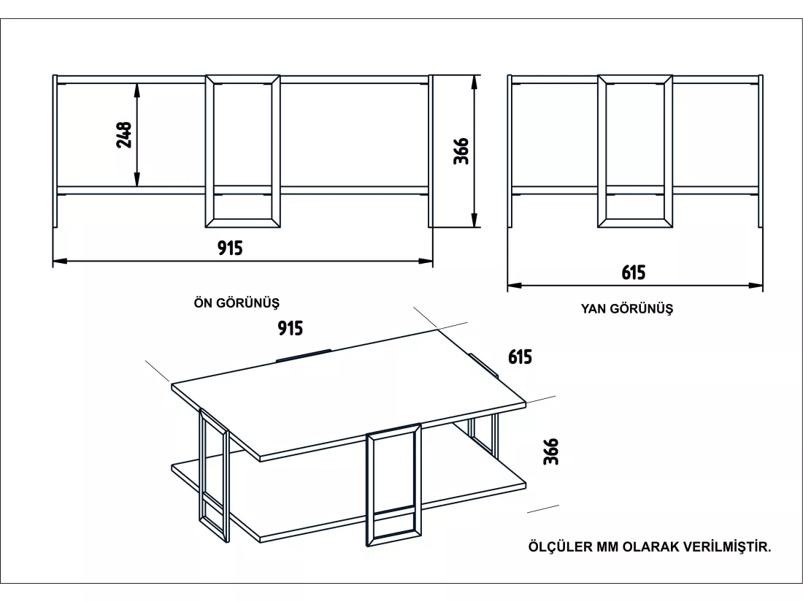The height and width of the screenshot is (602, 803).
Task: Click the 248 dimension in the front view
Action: click(x=124, y=134)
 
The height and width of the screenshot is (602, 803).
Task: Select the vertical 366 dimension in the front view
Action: click(x=461, y=150)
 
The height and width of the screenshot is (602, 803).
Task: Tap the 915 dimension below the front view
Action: click(x=230, y=248)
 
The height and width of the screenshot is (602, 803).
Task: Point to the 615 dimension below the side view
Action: click(x=634, y=273)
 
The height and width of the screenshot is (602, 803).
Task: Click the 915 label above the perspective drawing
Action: click(x=291, y=328)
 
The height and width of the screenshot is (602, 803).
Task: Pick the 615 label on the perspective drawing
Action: click(x=520, y=357)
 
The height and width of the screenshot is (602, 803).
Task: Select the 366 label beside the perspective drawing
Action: click(x=551, y=451)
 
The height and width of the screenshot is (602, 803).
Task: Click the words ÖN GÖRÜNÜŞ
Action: click(x=237, y=302)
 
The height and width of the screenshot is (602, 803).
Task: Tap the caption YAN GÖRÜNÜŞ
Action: click(x=627, y=308)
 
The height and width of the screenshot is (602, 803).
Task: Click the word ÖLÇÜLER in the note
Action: click(x=560, y=546)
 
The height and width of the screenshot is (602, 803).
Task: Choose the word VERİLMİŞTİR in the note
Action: click(x=727, y=546)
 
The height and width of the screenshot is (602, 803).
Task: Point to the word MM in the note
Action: click(x=607, y=546)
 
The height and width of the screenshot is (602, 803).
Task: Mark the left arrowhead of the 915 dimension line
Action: click(x=59, y=261)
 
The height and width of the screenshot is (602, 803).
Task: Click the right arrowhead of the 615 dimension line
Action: click(x=756, y=286)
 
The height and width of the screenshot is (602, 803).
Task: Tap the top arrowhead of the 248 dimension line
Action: click(x=137, y=90)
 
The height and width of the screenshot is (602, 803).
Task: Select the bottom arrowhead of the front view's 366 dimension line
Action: click(x=475, y=221)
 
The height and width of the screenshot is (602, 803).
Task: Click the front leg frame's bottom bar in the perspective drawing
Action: click(x=393, y=540)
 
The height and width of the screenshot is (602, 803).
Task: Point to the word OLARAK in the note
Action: click(x=651, y=546)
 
